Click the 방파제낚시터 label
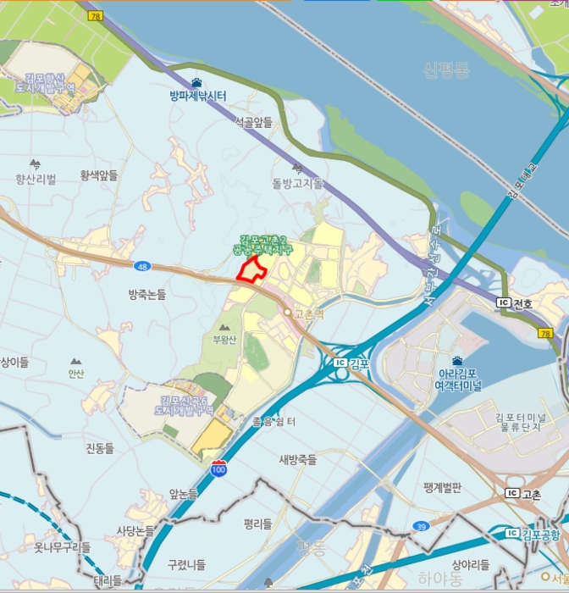[x=197, y=95]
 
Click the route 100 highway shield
[x=219, y=468]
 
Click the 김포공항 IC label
[x=536, y=533]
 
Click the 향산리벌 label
[x=36, y=179]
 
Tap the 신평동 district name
[x=446, y=70]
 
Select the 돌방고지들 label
[x=298, y=183]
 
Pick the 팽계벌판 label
[x=442, y=487]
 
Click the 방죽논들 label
[x=147, y=294]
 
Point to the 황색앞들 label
[x=98, y=175]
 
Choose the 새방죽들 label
[x=297, y=460]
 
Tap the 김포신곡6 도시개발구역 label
[x=183, y=405]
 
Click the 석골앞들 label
[x=254, y=123]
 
